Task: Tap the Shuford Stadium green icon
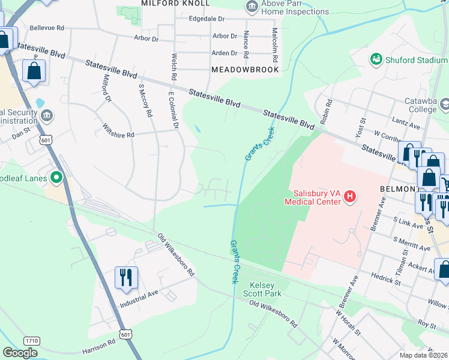[x=376, y=59]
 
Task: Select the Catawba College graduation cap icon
[x=445, y=105]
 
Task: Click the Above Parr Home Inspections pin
[x=252, y=7]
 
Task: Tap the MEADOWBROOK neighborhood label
[x=246, y=70]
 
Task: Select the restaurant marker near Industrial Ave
[x=127, y=277]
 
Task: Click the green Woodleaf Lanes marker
[x=56, y=177]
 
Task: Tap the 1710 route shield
[x=32, y=341]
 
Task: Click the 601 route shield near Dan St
[x=47, y=139]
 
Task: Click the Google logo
[x=20, y=353]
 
